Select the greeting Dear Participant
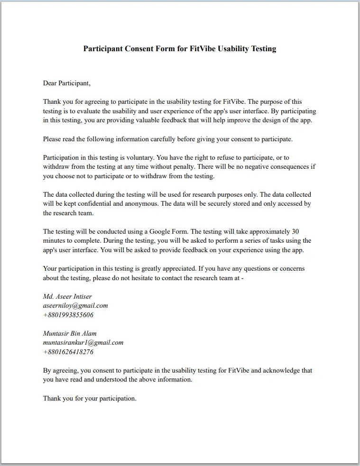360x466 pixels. coord(66,83)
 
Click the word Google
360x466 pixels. coord(161,232)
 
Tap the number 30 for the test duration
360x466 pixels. coord(295,232)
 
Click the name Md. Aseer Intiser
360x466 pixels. coord(67,297)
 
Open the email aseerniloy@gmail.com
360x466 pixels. coord(75,306)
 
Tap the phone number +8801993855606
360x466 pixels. coord(68,315)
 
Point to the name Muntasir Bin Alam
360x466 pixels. coord(70,334)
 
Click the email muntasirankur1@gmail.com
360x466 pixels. coord(83,343)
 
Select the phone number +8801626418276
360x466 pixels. coord(68,352)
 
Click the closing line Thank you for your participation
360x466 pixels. coord(90,399)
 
